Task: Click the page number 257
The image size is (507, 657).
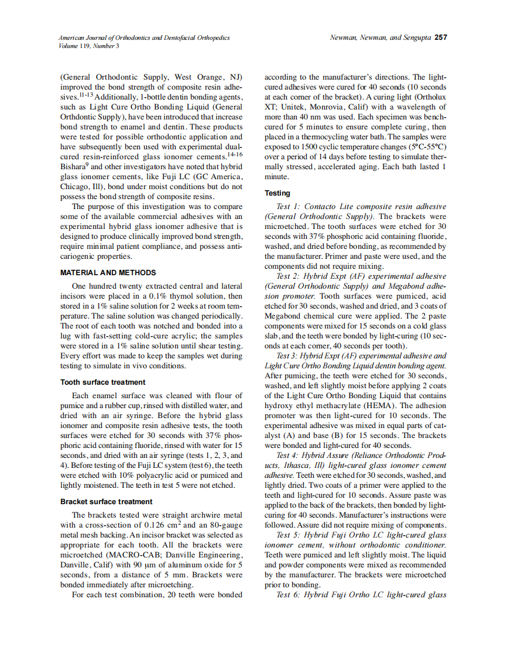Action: [440, 37]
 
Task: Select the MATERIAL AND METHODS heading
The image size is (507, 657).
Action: [108, 272]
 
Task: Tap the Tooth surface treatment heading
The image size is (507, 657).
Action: [102, 382]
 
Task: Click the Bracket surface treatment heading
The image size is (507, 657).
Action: [107, 501]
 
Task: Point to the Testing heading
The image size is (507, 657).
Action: [277, 193]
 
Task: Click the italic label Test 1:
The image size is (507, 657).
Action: [288, 206]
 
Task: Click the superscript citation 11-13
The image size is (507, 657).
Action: [85, 93]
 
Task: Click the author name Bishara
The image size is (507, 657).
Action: [74, 167]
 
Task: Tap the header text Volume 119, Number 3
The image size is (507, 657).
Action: [88, 46]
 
